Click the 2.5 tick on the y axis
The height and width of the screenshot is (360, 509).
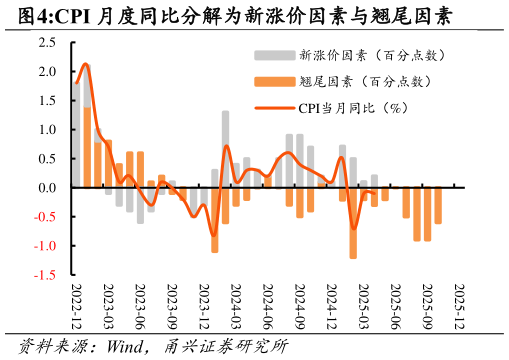coord(48,43)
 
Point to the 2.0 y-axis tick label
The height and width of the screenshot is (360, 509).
coord(48,72)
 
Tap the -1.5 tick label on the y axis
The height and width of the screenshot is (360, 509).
coord(46,274)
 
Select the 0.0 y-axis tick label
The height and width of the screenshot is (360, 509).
coord(48,188)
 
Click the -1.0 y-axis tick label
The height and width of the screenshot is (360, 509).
coord(46,245)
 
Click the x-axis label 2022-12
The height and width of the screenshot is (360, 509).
coord(77,307)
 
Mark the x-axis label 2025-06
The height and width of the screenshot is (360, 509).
coord(395,307)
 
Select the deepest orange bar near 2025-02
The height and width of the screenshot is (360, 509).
coord(353,223)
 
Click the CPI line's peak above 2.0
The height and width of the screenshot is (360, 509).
coord(85,64)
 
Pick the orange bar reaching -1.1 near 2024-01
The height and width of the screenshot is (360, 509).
coord(214,220)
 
